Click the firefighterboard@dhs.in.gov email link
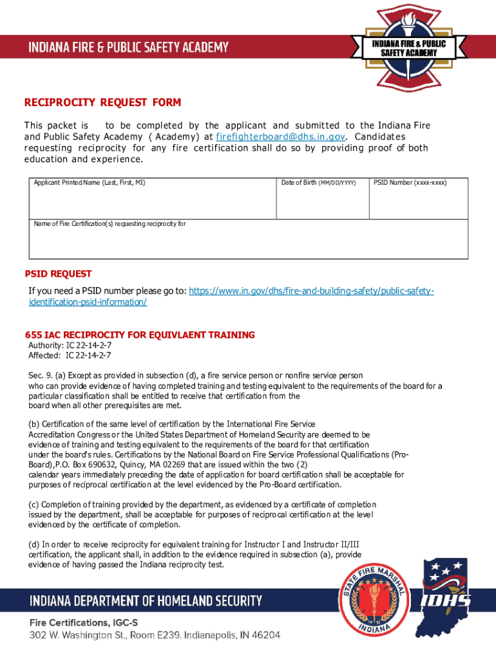click(281, 137)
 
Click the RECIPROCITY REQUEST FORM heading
click(102, 103)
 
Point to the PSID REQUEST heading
click(58, 274)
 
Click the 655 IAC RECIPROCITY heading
click(140, 335)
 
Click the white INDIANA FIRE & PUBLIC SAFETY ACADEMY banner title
click(128, 47)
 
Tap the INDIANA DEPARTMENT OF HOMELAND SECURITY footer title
click(146, 602)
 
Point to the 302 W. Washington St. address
click(155, 635)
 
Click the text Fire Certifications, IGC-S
click(83, 622)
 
